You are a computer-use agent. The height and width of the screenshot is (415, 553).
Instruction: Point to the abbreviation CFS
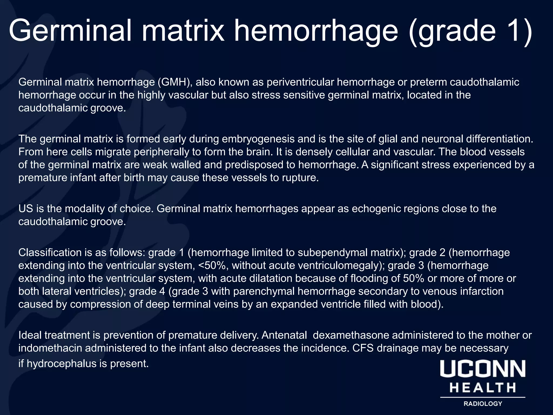[x=363, y=348]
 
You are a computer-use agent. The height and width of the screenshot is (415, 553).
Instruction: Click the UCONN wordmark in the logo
[x=483, y=369]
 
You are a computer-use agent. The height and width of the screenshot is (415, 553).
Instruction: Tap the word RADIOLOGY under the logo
[x=483, y=404]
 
